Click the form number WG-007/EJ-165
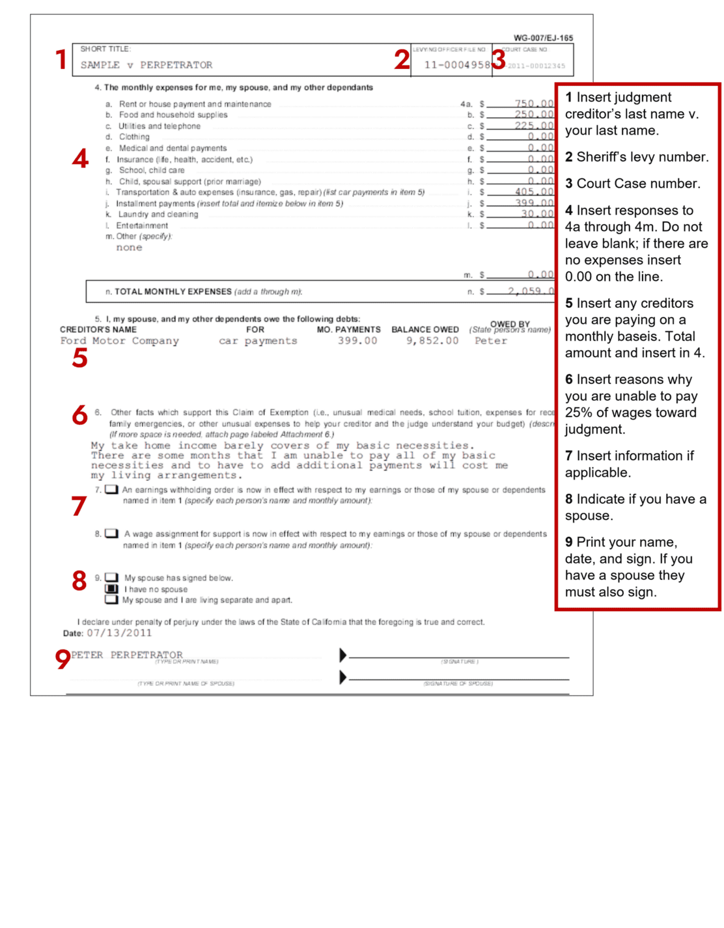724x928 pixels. pyautogui.click(x=543, y=38)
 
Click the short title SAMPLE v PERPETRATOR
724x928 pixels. pyautogui.click(x=146, y=65)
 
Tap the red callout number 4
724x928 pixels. pyautogui.click(x=80, y=159)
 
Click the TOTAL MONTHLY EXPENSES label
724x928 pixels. pyautogui.click(x=173, y=292)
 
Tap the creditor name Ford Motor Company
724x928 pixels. pyautogui.click(x=119, y=341)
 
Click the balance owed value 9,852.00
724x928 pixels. pyautogui.click(x=432, y=341)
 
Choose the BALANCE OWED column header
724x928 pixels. pyautogui.click(x=425, y=330)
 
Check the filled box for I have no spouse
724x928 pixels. pyautogui.click(x=112, y=588)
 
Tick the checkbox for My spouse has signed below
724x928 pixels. pyautogui.click(x=112, y=577)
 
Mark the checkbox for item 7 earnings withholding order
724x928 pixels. pyautogui.click(x=111, y=489)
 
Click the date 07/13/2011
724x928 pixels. pyautogui.click(x=119, y=633)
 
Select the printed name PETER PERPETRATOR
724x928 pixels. pyautogui.click(x=127, y=655)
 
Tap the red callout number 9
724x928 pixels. pyautogui.click(x=63, y=659)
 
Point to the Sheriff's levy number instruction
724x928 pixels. pyautogui.click(x=636, y=157)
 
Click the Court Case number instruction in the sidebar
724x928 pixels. pyautogui.click(x=632, y=184)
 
